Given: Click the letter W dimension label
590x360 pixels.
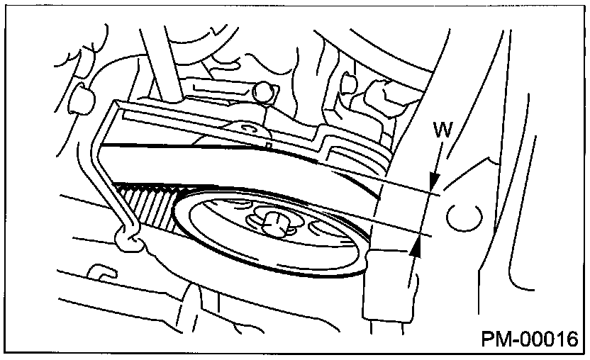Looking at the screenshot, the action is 442,130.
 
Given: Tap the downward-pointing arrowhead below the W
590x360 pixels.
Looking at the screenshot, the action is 435,180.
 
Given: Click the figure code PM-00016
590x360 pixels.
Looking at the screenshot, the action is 530,339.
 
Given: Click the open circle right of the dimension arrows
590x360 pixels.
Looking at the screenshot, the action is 464,218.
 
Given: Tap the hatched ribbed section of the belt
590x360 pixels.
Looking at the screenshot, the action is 147,205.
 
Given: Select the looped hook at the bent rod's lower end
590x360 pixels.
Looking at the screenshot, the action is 128,240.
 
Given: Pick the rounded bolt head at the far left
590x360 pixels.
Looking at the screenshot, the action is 81,99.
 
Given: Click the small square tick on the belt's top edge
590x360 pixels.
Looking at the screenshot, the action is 268,145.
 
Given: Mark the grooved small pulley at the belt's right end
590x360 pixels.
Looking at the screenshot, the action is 357,158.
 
